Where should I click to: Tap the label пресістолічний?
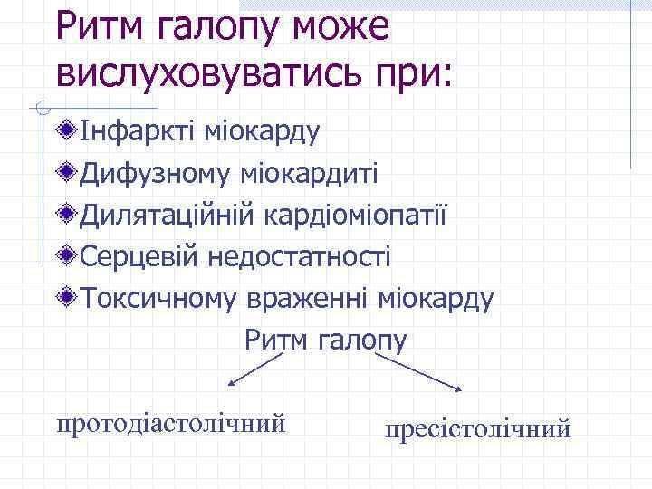pos(478,427)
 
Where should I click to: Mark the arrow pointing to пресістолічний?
pos(418,372)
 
